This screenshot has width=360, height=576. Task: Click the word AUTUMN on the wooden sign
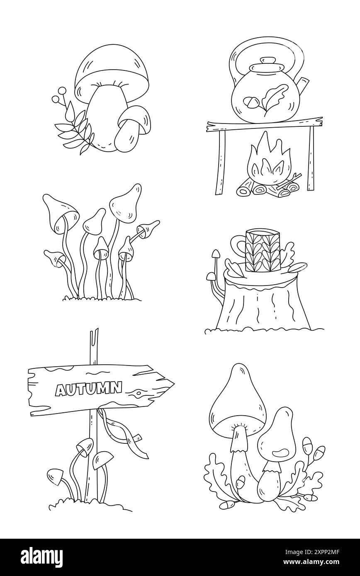point(89,388)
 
